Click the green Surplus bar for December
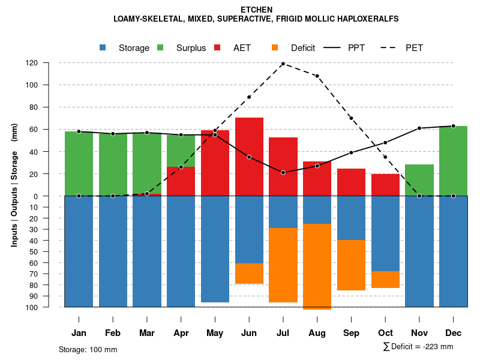[453, 161]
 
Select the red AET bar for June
[249, 157]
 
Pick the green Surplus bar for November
[419, 180]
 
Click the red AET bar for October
[385, 185]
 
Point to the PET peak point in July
[283, 64]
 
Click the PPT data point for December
[453, 126]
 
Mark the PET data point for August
[317, 76]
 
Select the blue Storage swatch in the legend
[103, 48]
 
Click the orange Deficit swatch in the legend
[275, 48]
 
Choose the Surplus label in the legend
[191, 48]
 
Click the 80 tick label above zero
[49, 107]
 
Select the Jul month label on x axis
[283, 333]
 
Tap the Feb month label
[113, 333]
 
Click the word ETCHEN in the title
[256, 10]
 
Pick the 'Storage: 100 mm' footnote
[88, 349]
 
